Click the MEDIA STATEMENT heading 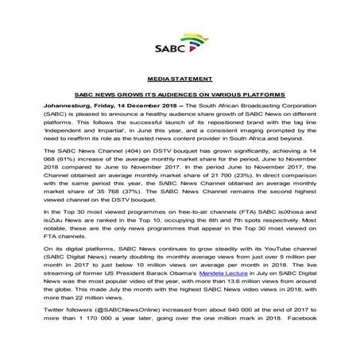point(180,81)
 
